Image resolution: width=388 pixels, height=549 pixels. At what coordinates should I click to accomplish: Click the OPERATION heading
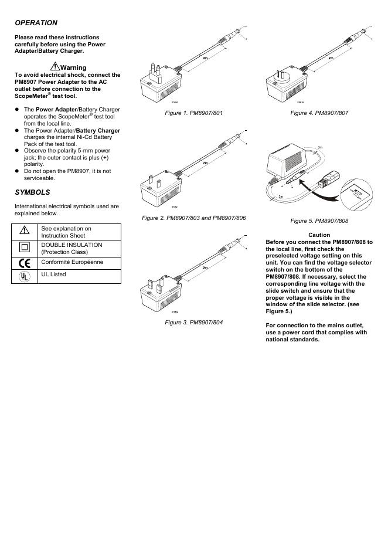coord(36,23)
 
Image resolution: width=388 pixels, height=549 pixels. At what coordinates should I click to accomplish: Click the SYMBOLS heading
coord(32,192)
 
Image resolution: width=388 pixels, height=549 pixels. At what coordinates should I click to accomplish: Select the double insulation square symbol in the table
coord(25,248)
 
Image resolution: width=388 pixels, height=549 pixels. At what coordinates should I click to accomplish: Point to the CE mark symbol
coord(25,263)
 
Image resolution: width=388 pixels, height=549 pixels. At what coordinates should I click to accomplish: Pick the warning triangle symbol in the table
coord(25,231)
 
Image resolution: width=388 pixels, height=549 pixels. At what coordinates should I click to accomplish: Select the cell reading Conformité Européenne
coord(72,262)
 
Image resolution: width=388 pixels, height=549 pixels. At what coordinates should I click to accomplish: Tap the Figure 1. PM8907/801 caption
coord(194,113)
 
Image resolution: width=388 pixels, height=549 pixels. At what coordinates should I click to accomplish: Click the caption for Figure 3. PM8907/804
coord(194,322)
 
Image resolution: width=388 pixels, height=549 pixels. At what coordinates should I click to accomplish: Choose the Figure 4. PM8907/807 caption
coord(319,113)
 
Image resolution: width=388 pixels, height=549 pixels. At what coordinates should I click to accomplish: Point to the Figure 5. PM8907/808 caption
coord(319,221)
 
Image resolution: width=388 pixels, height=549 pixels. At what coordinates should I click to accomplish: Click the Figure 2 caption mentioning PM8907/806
coord(194,218)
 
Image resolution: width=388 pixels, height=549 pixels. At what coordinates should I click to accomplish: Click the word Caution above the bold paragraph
coord(319,235)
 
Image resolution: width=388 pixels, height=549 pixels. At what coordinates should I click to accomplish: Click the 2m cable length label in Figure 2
coord(205,162)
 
